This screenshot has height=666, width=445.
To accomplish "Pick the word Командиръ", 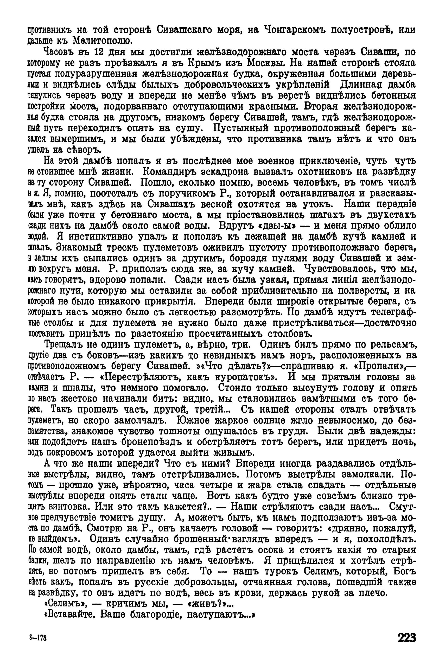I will (172, 172).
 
